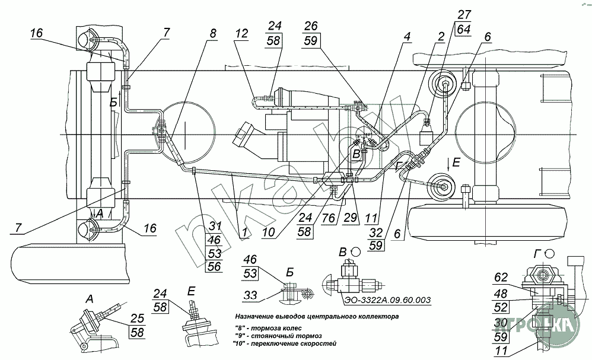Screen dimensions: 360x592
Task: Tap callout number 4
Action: click(408, 37)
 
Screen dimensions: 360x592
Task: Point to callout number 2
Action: click(440, 37)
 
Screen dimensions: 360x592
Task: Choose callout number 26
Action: click(311, 26)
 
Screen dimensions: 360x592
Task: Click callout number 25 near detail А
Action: click(138, 318)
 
